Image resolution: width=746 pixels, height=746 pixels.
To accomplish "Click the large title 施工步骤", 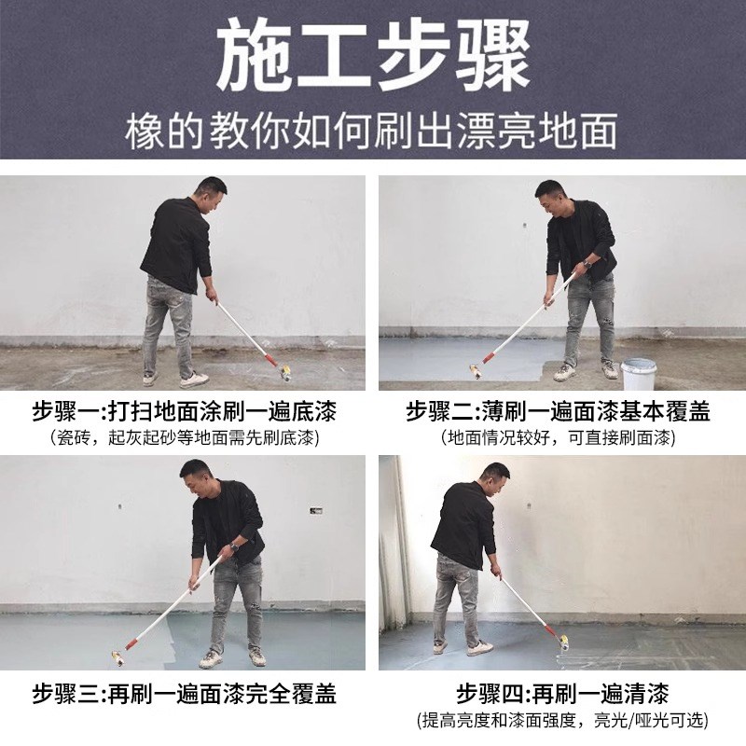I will tap(373, 58).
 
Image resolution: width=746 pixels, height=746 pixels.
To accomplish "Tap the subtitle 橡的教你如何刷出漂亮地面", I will tap(373, 133).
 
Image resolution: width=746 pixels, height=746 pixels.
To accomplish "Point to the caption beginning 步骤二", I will tap(559, 411).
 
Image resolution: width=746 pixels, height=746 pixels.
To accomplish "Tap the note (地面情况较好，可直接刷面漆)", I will tap(559, 436).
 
